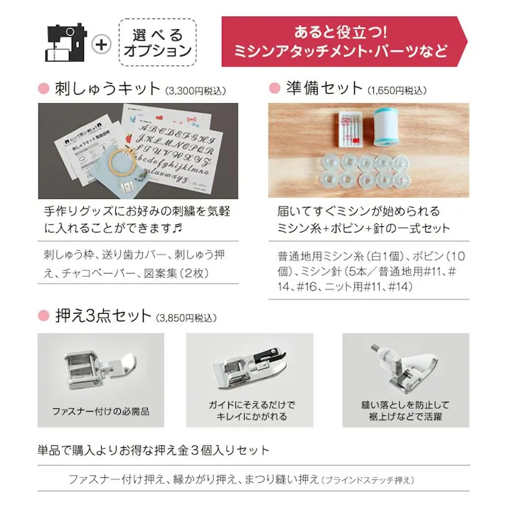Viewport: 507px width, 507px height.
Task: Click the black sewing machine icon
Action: tap(65, 43)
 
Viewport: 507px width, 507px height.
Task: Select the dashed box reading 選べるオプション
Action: tap(157, 43)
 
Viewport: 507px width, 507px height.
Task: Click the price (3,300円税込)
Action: tap(196, 91)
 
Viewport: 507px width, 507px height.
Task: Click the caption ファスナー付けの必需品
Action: tap(100, 411)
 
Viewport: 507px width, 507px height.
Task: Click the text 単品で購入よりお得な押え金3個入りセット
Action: tap(154, 450)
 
